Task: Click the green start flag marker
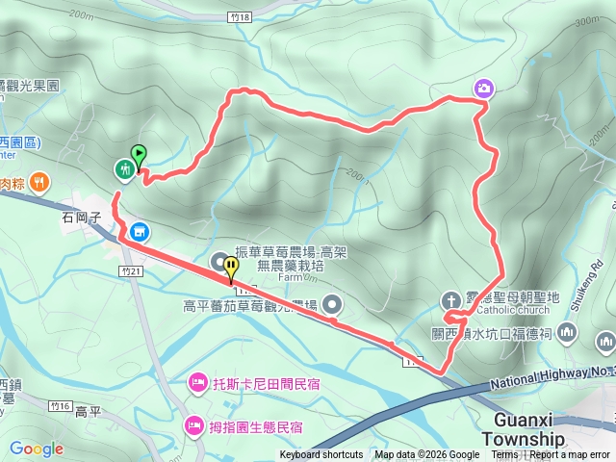coord(140,154)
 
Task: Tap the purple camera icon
coord(483,90)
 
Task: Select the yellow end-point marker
coord(232,266)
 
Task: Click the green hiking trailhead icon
coord(124,170)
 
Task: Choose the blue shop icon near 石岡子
coord(140,232)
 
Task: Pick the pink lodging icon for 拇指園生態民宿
coord(193,424)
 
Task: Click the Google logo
coord(36,449)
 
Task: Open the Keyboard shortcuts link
coord(321,455)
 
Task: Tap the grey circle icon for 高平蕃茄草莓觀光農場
coord(333,304)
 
